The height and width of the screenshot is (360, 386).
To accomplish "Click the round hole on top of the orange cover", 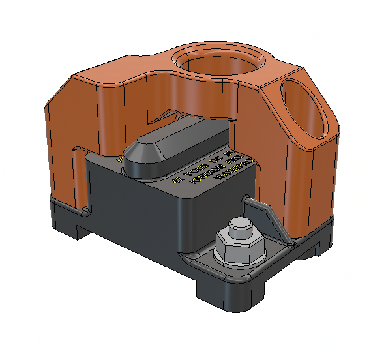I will (219, 65).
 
